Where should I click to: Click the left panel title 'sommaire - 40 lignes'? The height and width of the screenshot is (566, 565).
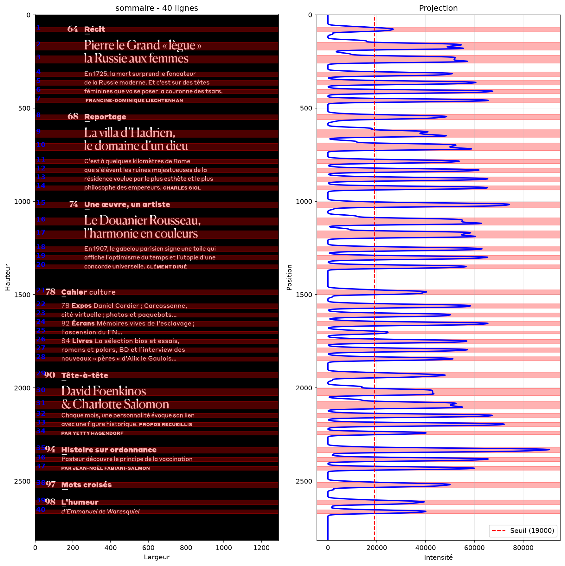click(x=157, y=8)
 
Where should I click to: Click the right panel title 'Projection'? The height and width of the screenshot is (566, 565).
click(x=438, y=8)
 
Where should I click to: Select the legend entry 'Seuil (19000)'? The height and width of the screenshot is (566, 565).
click(x=532, y=530)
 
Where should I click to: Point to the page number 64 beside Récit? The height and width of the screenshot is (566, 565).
click(x=73, y=29)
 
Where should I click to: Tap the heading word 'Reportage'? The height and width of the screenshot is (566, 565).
click(x=105, y=117)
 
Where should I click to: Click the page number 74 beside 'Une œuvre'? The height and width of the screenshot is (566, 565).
click(x=74, y=204)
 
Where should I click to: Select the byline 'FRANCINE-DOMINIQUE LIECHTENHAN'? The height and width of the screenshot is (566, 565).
click(x=134, y=101)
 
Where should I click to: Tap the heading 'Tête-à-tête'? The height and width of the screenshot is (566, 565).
click(x=85, y=375)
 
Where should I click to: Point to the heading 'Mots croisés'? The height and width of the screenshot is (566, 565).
click(x=87, y=485)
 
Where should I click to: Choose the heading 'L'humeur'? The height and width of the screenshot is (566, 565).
click(x=80, y=502)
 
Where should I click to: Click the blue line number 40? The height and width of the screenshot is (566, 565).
click(x=41, y=510)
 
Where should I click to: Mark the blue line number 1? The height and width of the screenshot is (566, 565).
click(x=38, y=27)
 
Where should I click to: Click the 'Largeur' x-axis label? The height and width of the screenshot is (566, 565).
click(x=157, y=557)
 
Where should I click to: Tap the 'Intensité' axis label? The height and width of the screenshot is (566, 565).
click(x=438, y=557)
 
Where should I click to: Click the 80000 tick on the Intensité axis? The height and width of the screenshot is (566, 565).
click(x=523, y=548)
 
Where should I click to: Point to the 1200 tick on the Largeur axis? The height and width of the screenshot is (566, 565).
click(x=261, y=548)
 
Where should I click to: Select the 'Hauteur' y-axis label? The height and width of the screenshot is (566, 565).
click(x=8, y=277)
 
